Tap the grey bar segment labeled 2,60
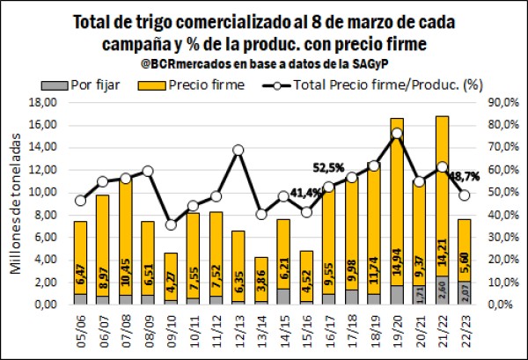pyautogui.click(x=443, y=290)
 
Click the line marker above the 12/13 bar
pyautogui.click(x=238, y=150)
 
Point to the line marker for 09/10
pyautogui.click(x=170, y=224)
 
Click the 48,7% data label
pyautogui.click(x=467, y=176)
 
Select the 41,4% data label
pyautogui.click(x=306, y=192)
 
